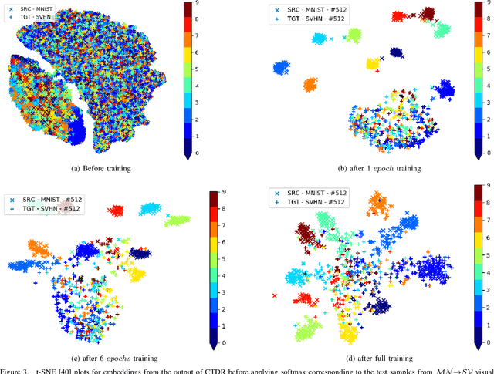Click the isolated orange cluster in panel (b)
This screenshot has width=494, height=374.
310,84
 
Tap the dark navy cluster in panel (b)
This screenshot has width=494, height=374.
396,52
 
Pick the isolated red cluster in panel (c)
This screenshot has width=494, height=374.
117,210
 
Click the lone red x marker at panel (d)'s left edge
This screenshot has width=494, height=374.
275,295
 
